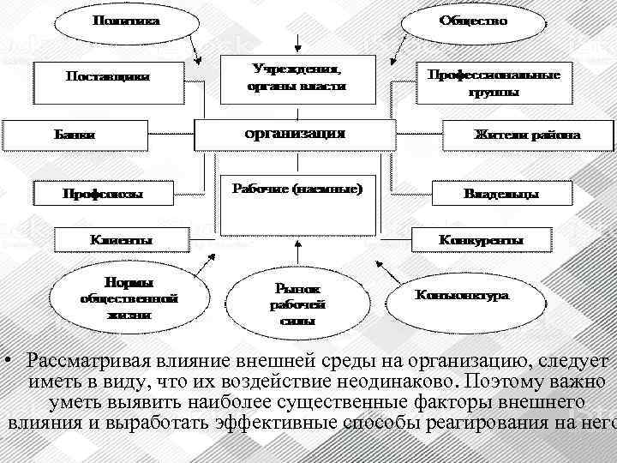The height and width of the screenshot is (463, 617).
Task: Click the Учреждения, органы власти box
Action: [x=296, y=75]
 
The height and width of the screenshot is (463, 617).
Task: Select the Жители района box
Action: [x=527, y=135]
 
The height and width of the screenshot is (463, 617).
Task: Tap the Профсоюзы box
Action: [x=102, y=194]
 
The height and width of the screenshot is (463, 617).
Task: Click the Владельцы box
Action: [x=501, y=194]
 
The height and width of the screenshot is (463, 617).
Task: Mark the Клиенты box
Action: [x=121, y=239]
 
